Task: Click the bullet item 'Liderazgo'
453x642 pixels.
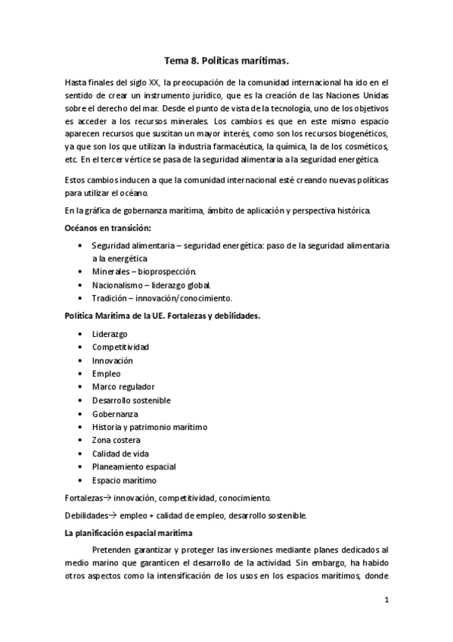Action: (110, 334)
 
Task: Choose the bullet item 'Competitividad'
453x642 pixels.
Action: (120, 347)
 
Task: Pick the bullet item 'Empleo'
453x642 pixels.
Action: (106, 373)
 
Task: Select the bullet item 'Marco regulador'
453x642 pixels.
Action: (123, 387)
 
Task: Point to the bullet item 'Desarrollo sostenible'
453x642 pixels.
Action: (132, 400)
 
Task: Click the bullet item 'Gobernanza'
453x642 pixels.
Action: (115, 413)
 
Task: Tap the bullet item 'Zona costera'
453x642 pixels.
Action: (117, 440)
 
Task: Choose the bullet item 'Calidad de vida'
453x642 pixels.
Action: (121, 453)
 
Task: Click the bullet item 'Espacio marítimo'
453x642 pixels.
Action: (124, 480)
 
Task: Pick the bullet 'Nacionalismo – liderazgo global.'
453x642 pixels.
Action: (152, 285)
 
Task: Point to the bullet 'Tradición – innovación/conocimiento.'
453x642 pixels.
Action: (162, 298)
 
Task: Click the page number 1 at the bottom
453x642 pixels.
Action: (386, 600)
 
